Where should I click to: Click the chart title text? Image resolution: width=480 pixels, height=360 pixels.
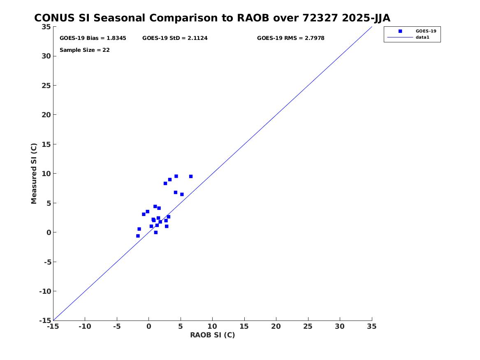pyautogui.click(x=212, y=18)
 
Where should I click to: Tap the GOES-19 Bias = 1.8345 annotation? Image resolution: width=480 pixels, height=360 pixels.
pyautogui.click(x=93, y=38)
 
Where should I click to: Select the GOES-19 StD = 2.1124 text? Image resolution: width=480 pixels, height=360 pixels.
pyautogui.click(x=175, y=38)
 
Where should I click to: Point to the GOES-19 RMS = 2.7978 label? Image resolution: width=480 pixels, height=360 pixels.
pyautogui.click(x=290, y=38)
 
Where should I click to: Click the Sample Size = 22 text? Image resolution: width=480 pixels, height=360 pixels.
pyautogui.click(x=84, y=50)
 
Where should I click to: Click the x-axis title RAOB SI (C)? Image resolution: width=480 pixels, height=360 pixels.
pyautogui.click(x=213, y=335)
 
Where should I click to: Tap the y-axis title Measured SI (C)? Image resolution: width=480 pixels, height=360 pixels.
pyautogui.click(x=34, y=173)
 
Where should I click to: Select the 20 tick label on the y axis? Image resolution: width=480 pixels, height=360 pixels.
pyautogui.click(x=46, y=115)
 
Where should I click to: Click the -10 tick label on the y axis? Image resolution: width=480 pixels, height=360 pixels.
pyautogui.click(x=45, y=291)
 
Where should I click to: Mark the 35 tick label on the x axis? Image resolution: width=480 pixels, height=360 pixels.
pyautogui.click(x=372, y=326)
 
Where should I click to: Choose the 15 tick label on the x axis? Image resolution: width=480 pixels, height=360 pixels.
pyautogui.click(x=244, y=326)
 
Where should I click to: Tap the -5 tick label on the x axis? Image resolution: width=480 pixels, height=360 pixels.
pyautogui.click(x=117, y=326)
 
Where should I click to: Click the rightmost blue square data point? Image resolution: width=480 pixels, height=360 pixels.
pyautogui.click(x=191, y=177)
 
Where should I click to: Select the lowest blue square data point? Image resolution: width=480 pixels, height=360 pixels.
pyautogui.click(x=138, y=236)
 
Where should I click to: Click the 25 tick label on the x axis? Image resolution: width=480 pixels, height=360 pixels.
pyautogui.click(x=308, y=326)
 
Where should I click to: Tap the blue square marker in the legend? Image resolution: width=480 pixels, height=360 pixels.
pyautogui.click(x=400, y=31)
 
